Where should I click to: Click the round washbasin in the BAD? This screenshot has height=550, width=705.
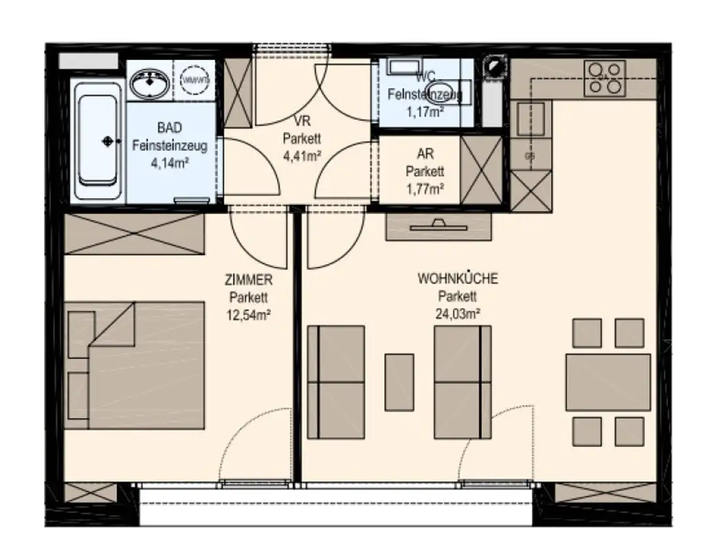[x=149, y=86]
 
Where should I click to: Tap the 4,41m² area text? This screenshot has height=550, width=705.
[x=302, y=155]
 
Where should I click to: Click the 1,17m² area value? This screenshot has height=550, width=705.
[x=424, y=112]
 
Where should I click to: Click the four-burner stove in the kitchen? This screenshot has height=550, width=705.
[x=604, y=78]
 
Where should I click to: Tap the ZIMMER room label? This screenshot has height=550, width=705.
[x=249, y=280]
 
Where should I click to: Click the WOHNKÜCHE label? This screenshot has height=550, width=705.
[x=458, y=279]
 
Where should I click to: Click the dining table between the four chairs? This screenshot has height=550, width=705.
[x=608, y=382]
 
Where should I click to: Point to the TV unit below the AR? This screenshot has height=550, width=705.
[x=439, y=226]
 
